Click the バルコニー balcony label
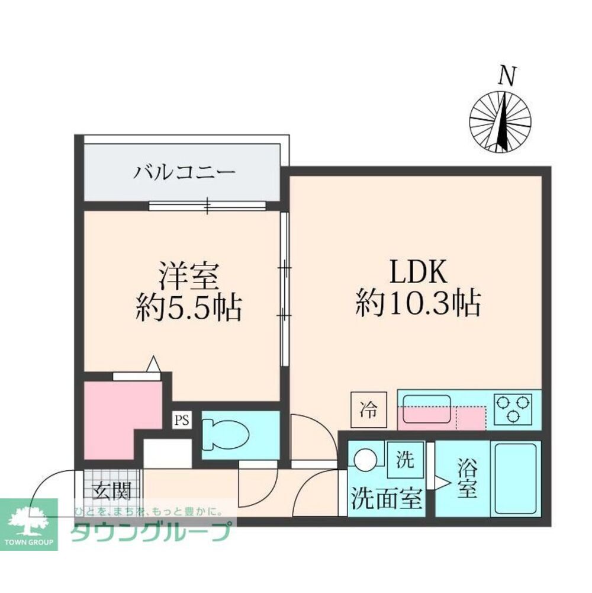tap(185, 174)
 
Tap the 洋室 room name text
tap(189, 276)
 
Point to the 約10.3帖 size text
tap(417, 305)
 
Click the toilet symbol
tap(227, 436)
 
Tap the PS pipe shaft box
tap(182, 421)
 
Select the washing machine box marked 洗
tap(405, 459)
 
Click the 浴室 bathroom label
tap(466, 480)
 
